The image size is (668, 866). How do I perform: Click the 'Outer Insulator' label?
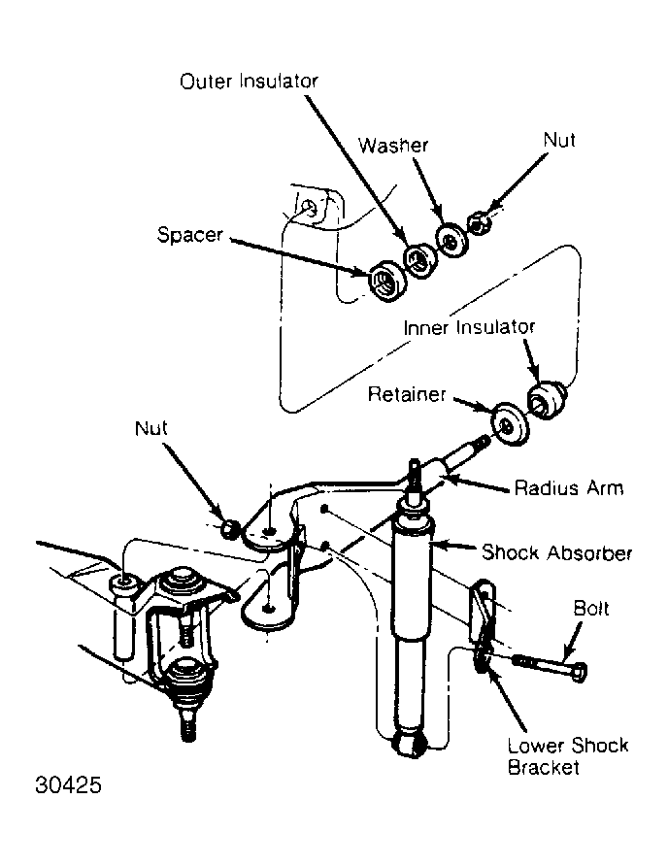[x=249, y=82]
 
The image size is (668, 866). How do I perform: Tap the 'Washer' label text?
[x=393, y=146]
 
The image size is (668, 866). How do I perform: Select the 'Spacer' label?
[x=189, y=235]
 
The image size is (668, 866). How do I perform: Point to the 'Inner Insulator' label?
[x=469, y=327]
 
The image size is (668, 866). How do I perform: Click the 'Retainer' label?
[x=407, y=394]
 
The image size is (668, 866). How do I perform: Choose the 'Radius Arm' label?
[x=569, y=488]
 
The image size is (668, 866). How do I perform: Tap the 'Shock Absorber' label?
[x=557, y=552]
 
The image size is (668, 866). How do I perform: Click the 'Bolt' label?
[x=591, y=608]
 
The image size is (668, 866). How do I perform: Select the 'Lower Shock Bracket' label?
[x=568, y=756]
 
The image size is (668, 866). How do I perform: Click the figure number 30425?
[x=69, y=784]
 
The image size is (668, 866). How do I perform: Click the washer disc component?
[x=451, y=240]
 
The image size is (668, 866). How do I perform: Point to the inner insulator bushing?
[x=547, y=399]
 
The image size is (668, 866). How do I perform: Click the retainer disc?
[x=509, y=424]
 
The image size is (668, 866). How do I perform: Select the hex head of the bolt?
[x=580, y=672]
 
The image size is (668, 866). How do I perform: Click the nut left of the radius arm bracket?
[x=230, y=528]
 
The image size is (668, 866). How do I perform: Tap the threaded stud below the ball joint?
[x=188, y=724]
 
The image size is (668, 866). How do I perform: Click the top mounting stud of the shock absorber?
[x=415, y=481]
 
